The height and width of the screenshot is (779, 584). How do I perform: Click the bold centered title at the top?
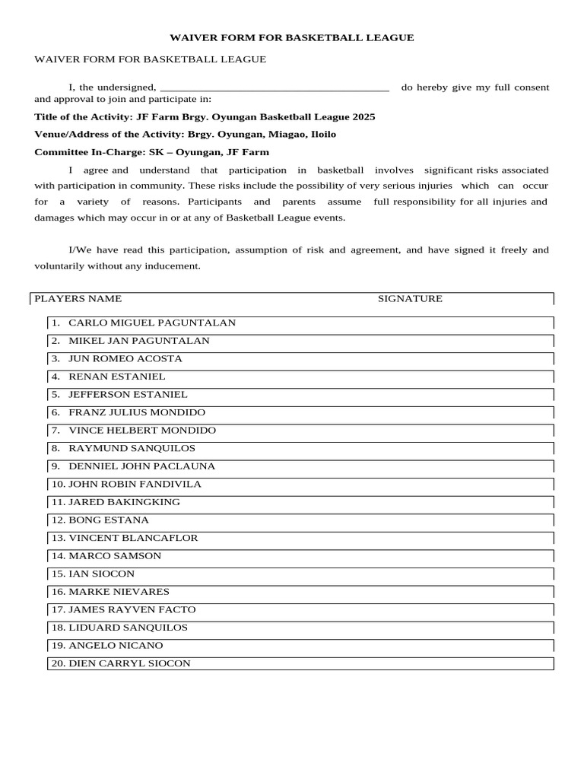291,37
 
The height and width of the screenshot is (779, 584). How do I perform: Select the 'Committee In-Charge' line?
151,152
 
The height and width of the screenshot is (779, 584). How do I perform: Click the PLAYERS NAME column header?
78,299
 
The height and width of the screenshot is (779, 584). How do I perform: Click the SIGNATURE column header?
410,299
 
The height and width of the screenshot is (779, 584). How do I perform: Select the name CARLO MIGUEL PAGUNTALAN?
152,323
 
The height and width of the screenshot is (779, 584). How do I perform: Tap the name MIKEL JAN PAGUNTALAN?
139,341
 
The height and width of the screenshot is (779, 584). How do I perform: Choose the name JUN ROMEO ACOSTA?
125,358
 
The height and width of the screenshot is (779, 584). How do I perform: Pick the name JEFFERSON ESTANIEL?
128,395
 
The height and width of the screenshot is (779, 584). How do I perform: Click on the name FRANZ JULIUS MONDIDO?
137,412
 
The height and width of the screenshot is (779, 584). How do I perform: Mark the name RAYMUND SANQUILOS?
132,448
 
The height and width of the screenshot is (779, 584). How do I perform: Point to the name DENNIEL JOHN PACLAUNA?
142,466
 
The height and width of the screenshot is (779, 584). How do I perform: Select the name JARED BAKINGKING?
124,502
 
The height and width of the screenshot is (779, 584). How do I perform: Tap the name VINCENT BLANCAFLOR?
133,538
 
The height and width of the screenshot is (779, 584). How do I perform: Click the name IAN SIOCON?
101,574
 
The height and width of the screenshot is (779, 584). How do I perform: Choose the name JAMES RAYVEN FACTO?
132,609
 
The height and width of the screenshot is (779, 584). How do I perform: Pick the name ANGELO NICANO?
116,645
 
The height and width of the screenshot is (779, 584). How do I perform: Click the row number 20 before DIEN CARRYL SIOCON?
58,663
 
